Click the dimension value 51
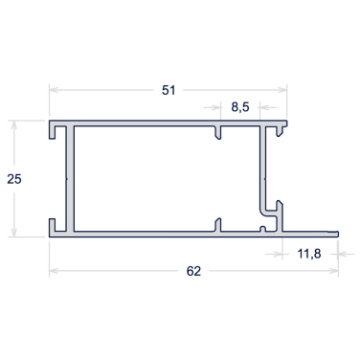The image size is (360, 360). (169, 90)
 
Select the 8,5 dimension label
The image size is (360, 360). (240, 107)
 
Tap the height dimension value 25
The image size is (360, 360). (14, 179)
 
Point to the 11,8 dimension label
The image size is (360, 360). (309, 254)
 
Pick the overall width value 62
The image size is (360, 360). (193, 271)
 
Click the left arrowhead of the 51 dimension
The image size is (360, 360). (53, 90)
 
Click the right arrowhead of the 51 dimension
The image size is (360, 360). (282, 90)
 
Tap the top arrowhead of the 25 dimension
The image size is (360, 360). (13, 124)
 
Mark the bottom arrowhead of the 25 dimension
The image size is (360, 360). (13, 233)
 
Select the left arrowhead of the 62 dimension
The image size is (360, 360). (53, 271)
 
